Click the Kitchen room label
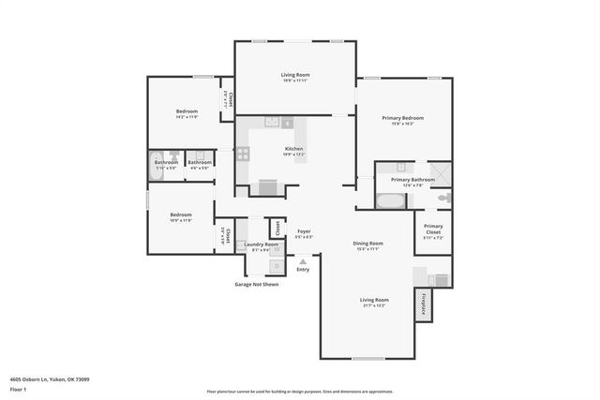(294, 149)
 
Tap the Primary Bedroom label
(402, 118)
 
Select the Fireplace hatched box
(424, 304)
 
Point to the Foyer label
(304, 231)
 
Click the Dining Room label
(367, 244)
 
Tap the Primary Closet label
(433, 228)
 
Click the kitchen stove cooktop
(243, 154)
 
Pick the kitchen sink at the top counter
(273, 122)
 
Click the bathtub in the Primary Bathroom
(388, 200)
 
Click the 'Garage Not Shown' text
(256, 284)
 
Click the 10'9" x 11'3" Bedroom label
(181, 216)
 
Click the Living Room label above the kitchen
(295, 75)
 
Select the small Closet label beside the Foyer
(277, 227)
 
